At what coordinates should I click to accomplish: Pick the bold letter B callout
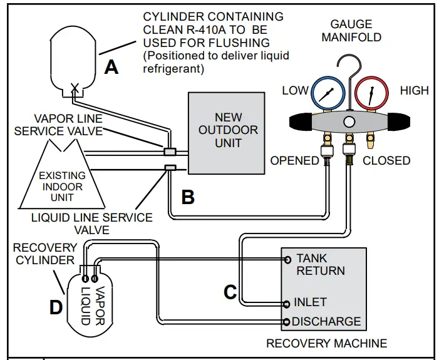point(187,197)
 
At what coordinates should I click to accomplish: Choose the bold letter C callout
point(230,291)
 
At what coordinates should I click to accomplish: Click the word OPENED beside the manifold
point(294,161)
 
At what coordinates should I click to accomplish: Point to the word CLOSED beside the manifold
point(386,161)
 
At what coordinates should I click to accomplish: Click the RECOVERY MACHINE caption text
point(326,343)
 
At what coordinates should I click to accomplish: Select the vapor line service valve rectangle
point(170,151)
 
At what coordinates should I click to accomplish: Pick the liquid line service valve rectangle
point(169,167)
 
